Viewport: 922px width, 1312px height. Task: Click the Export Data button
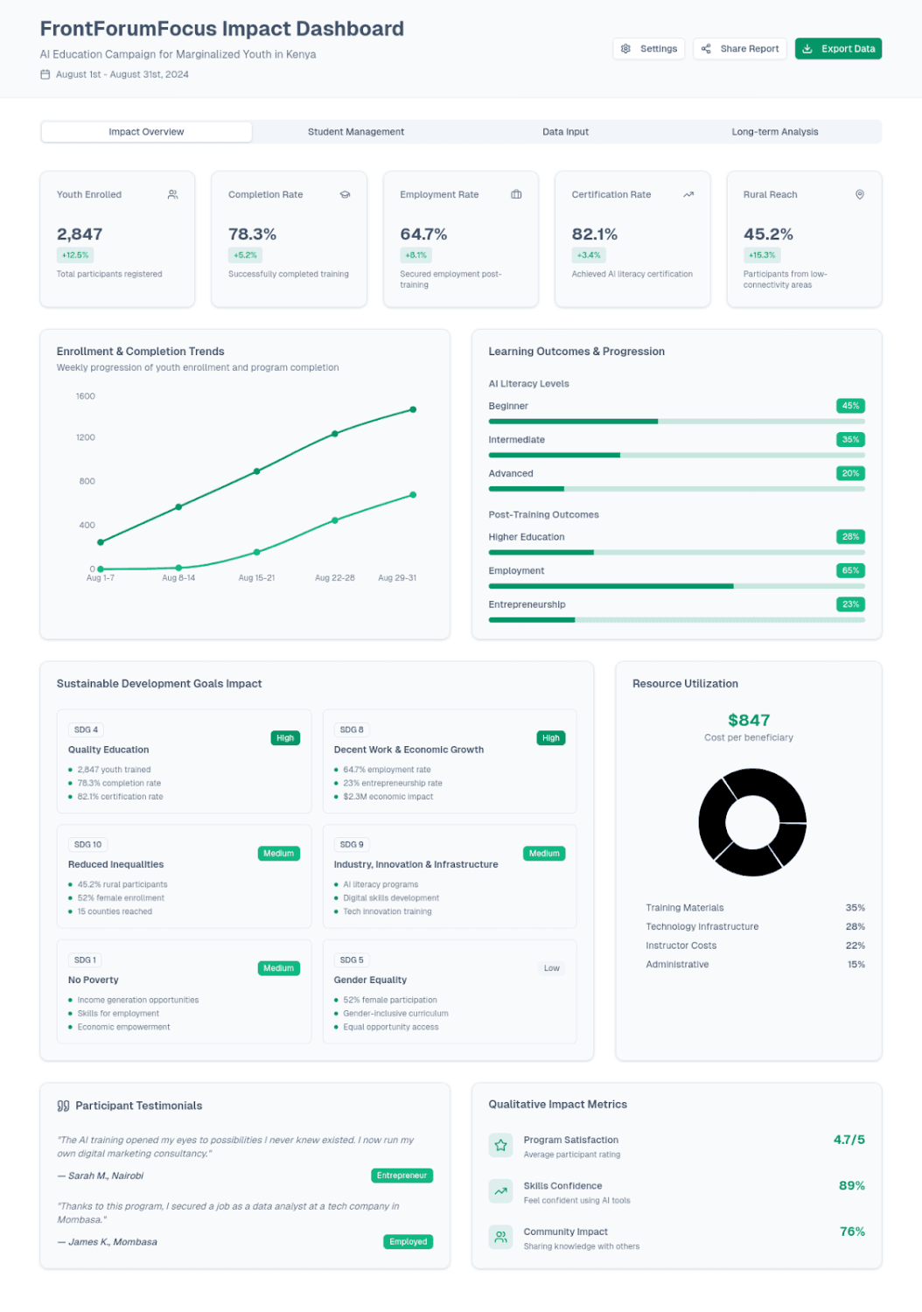click(x=838, y=49)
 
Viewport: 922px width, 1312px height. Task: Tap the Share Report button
click(x=740, y=49)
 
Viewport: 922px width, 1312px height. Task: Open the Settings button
click(x=649, y=49)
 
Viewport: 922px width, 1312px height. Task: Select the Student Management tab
click(x=356, y=132)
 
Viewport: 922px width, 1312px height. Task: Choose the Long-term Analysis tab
click(x=775, y=132)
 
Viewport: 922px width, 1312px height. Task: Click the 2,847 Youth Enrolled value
click(x=80, y=234)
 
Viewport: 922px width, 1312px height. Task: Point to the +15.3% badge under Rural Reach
click(x=762, y=255)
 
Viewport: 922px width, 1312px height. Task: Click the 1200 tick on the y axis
click(x=86, y=437)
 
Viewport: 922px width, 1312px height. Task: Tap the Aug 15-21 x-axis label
click(x=256, y=578)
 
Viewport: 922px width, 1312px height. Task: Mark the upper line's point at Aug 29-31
click(x=413, y=409)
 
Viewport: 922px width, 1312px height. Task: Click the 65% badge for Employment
click(x=850, y=570)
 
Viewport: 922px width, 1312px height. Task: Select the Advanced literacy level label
click(x=511, y=474)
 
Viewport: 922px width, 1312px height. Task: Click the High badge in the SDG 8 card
click(x=550, y=738)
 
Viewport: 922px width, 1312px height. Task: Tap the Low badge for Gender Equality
click(x=551, y=968)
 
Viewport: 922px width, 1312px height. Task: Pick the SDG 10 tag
click(x=87, y=845)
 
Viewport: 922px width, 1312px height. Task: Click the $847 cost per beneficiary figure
click(x=749, y=721)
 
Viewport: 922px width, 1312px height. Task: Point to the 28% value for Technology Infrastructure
click(x=855, y=927)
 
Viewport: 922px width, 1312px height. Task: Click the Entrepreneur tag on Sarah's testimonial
click(x=402, y=1176)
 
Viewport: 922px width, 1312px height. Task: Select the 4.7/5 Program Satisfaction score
click(x=849, y=1140)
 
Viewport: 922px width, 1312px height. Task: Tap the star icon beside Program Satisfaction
click(x=501, y=1145)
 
